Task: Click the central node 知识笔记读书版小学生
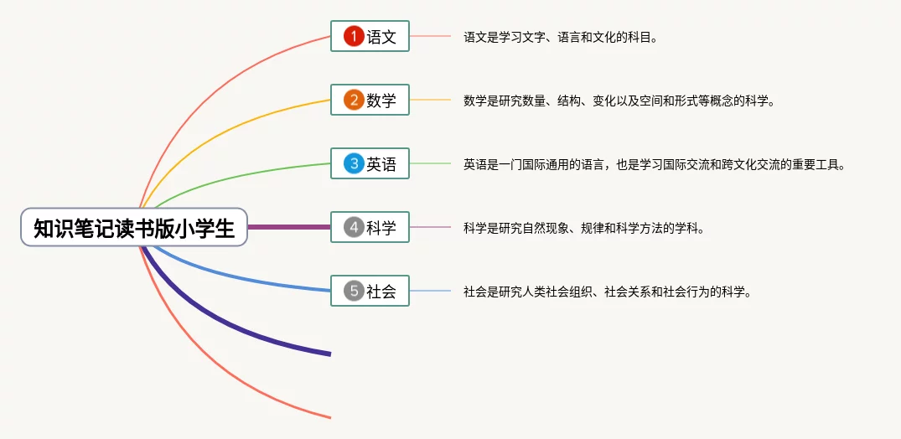point(134,227)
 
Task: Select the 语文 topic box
point(370,36)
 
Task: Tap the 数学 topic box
point(370,100)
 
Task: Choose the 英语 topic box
point(370,163)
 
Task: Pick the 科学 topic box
point(370,228)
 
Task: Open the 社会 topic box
point(370,291)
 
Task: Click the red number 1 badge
point(354,37)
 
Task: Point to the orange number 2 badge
point(354,100)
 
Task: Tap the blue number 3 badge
point(354,163)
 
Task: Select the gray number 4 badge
point(354,228)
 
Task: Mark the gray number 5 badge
point(354,292)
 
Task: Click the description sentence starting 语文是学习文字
point(560,38)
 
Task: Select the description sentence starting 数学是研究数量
point(619,101)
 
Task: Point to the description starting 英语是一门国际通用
point(655,165)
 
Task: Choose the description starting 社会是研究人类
point(608,292)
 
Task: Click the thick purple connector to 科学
point(289,227)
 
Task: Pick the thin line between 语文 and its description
point(431,36)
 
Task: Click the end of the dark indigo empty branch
point(330,354)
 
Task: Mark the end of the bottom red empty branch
point(330,417)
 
